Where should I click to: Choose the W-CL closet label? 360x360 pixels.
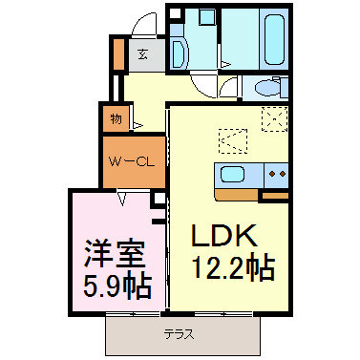[131, 161]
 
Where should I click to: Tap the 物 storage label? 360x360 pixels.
[116, 119]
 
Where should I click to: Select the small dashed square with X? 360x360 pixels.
[276, 119]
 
